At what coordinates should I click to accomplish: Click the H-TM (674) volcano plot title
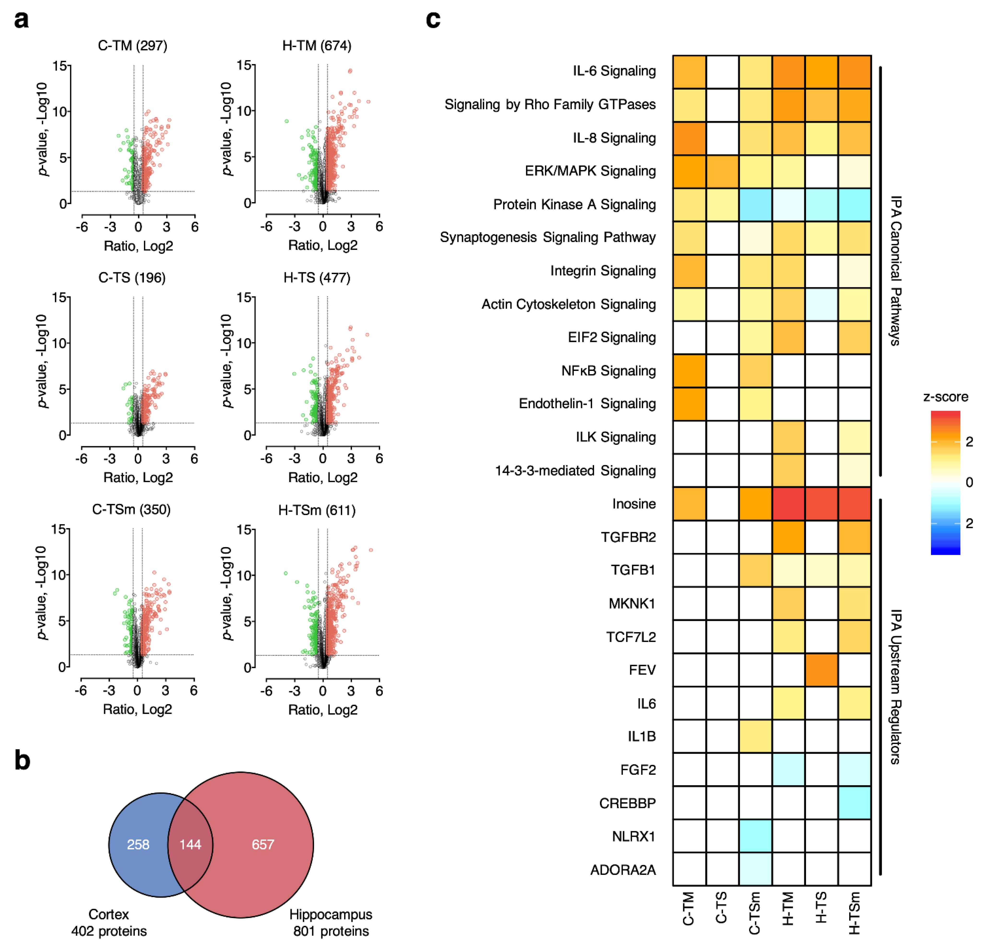pyautogui.click(x=317, y=46)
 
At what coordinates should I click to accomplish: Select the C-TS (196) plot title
pyautogui.click(x=132, y=278)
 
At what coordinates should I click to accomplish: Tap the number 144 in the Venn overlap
pyautogui.click(x=190, y=845)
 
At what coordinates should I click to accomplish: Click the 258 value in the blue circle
pyautogui.click(x=138, y=845)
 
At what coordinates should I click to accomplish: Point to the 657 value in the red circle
pyautogui.click(x=263, y=845)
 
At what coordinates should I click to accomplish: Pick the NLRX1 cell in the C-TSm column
pyautogui.click(x=755, y=836)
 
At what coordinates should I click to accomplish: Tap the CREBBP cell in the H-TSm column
pyautogui.click(x=854, y=803)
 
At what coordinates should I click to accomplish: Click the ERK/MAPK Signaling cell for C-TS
pyautogui.click(x=722, y=171)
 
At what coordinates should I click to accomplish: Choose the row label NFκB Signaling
pyautogui.click(x=609, y=371)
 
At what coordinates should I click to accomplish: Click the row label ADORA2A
pyautogui.click(x=623, y=870)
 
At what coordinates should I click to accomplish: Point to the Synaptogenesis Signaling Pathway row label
pyautogui.click(x=548, y=237)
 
